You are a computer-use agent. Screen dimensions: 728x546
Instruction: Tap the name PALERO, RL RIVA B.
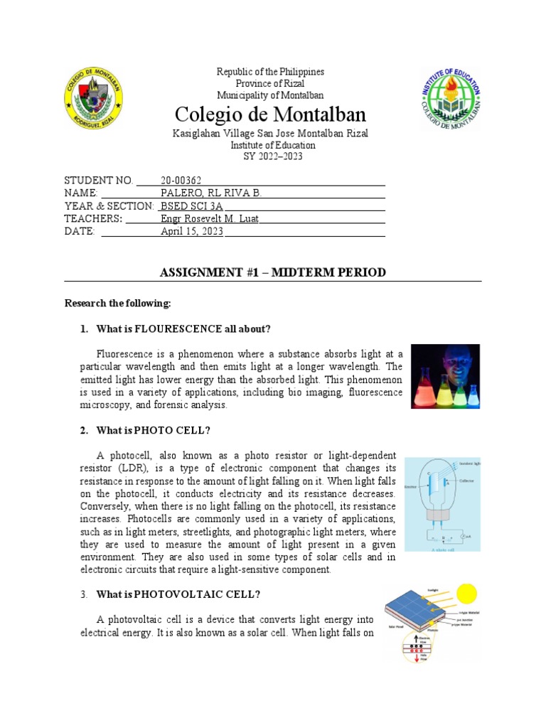tap(211, 193)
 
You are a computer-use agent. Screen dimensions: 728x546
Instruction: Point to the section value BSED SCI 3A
tap(188, 206)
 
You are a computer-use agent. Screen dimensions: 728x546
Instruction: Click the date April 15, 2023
tap(192, 232)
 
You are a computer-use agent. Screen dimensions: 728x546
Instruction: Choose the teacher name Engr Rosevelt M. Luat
tap(209, 219)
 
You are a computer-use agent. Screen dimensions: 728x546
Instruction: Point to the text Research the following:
tap(118, 304)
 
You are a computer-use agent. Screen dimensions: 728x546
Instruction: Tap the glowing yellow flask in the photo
tap(446, 393)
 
